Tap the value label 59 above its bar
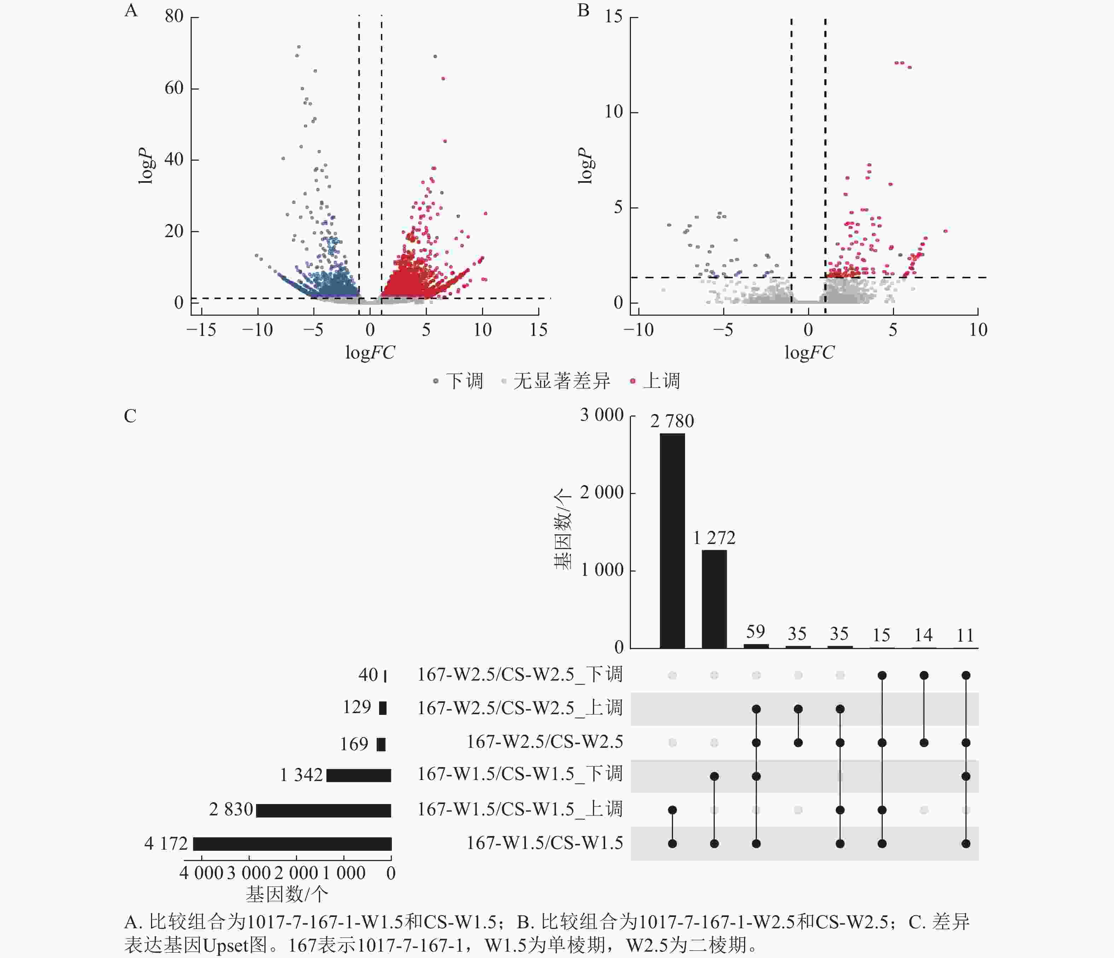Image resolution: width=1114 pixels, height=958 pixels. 755,631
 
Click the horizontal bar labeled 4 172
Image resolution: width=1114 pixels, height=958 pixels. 292,843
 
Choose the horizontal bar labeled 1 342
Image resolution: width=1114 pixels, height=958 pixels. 359,775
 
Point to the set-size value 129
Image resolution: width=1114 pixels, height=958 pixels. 357,707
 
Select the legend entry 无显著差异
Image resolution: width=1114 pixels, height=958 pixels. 561,381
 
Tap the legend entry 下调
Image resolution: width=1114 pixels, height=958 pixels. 464,381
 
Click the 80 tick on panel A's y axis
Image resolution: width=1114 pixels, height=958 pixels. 174,16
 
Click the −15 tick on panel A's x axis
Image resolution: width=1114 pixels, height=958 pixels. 201,330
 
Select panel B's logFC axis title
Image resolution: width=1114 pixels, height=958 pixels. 809,353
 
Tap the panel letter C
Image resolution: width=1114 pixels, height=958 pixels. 130,416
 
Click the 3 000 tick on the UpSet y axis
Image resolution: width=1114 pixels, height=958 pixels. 601,415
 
